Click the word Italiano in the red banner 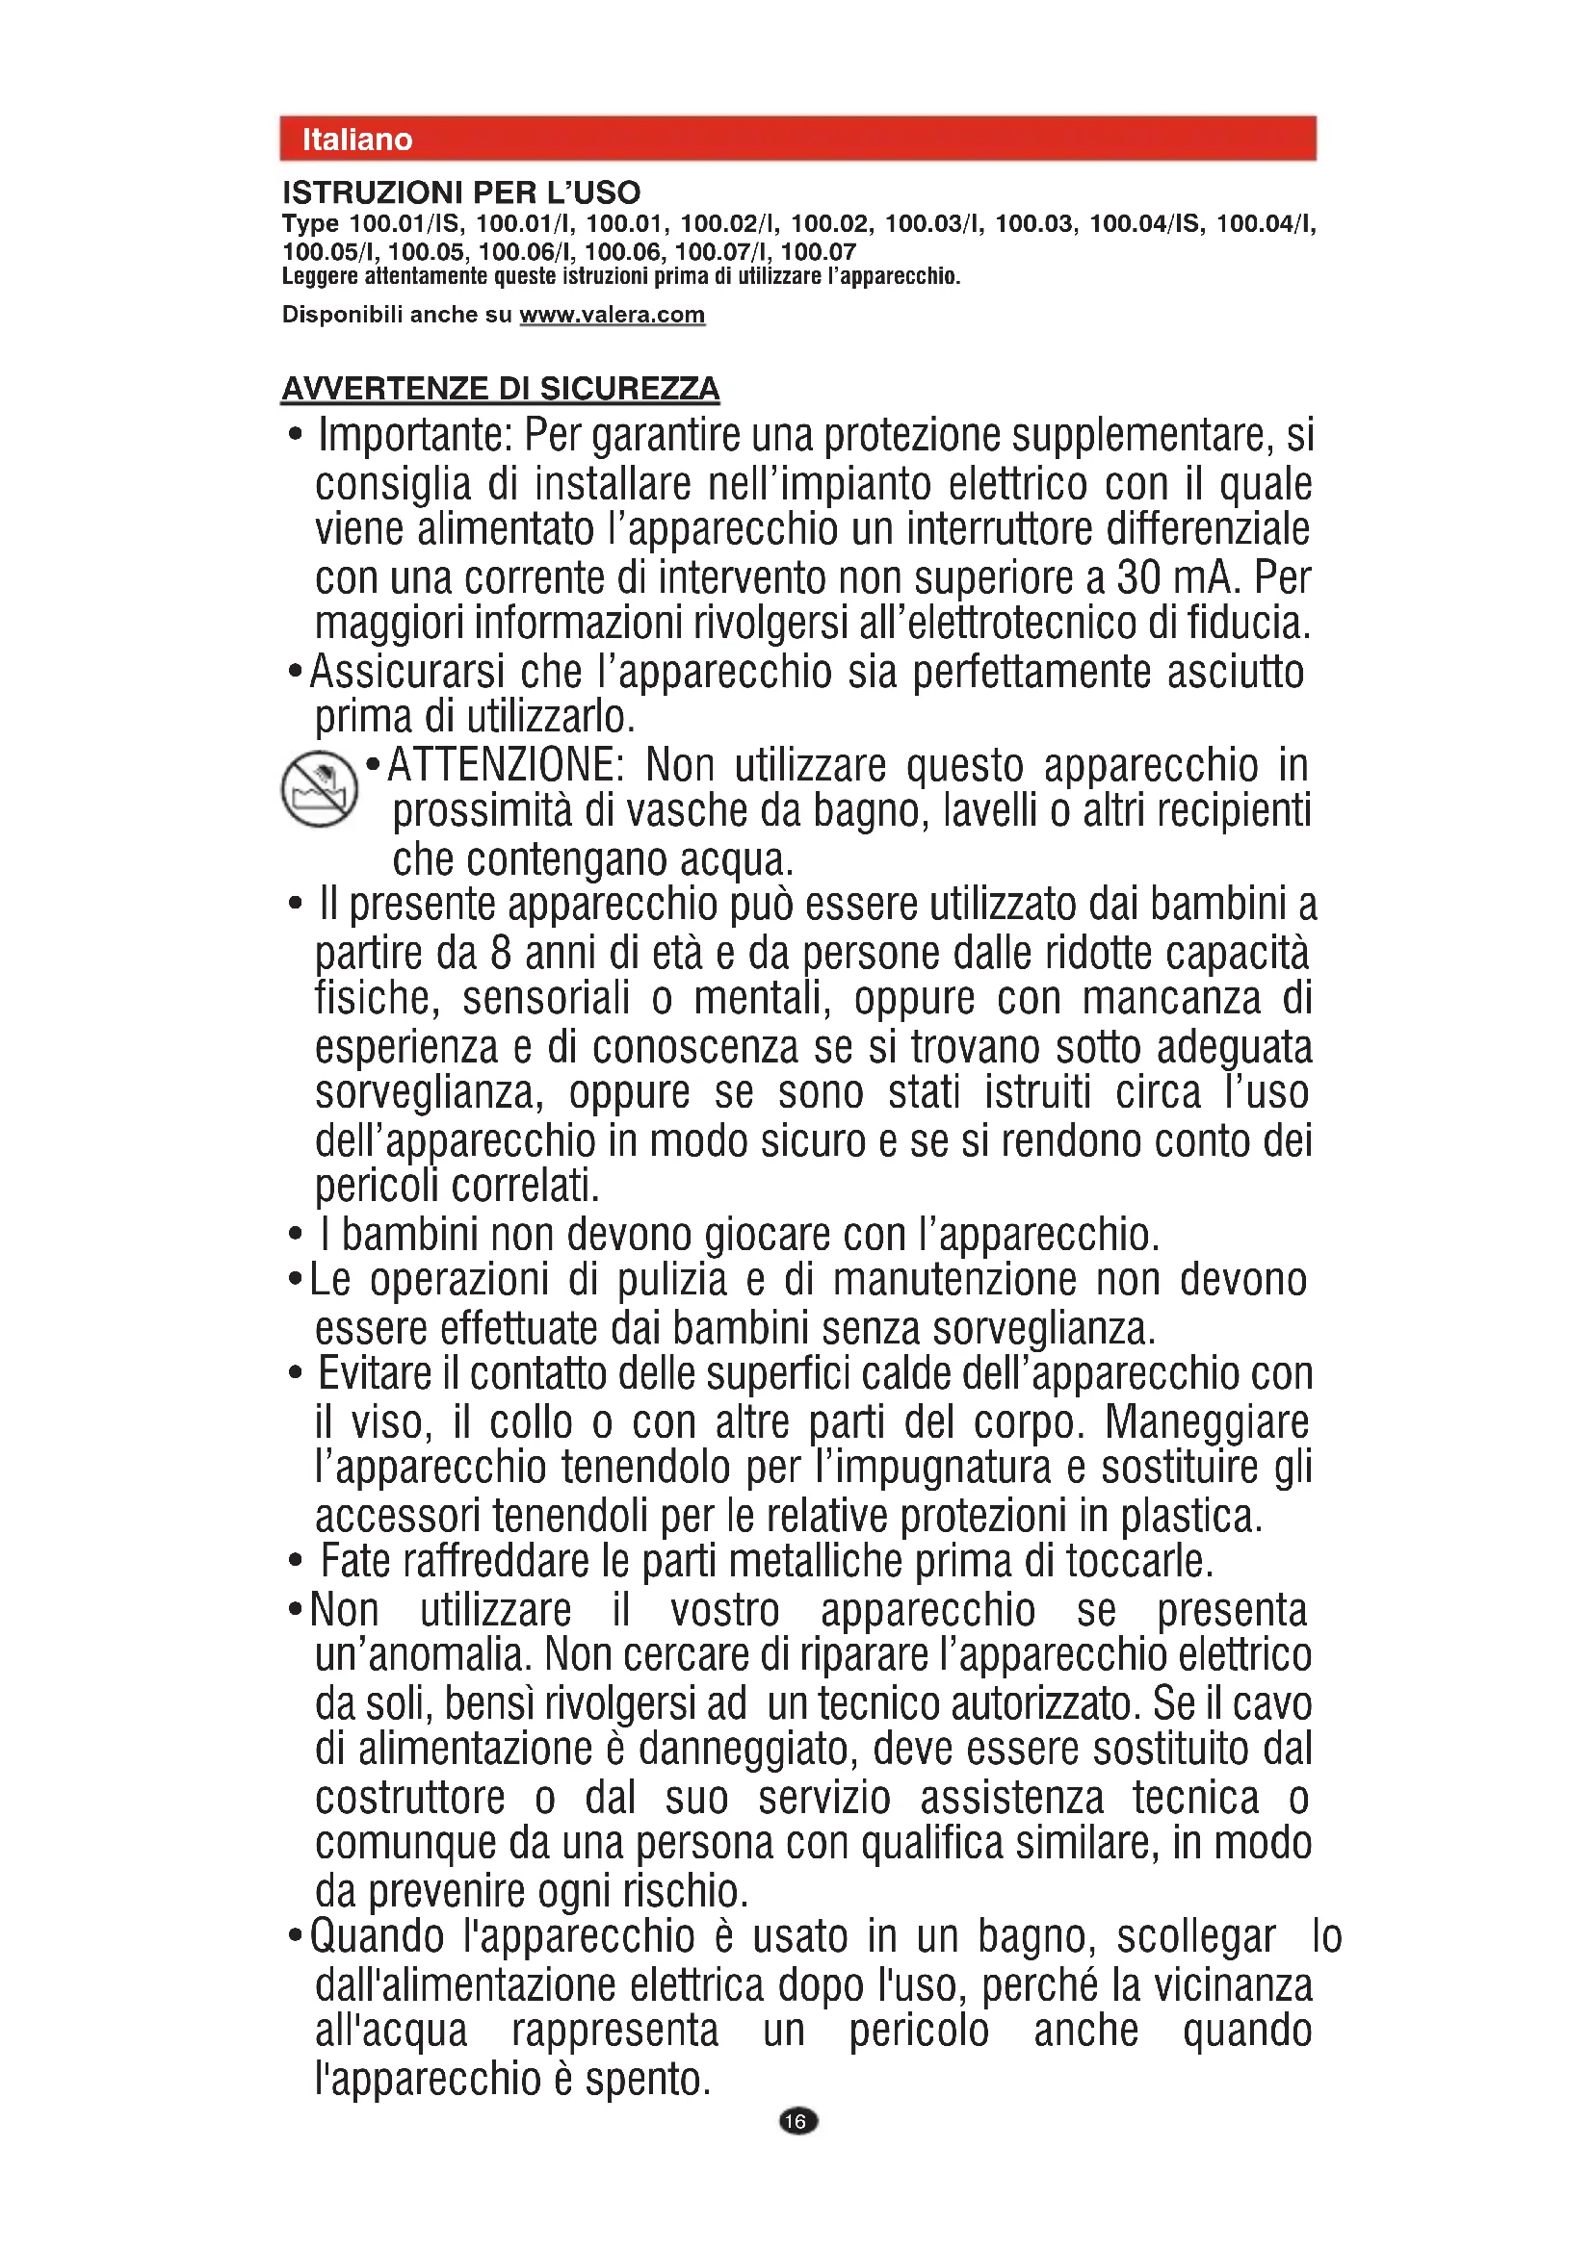click(357, 140)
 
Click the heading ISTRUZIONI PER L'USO click(461, 192)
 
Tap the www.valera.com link click(613, 315)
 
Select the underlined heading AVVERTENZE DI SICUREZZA click(500, 389)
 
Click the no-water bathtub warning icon click(319, 789)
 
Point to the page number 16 click(797, 2122)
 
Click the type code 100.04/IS click(1145, 223)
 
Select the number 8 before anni click(500, 953)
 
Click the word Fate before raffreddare click(355, 1562)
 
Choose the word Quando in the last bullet click(378, 1937)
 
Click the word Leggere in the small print click(321, 276)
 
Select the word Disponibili click(343, 315)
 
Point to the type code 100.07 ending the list click(818, 252)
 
